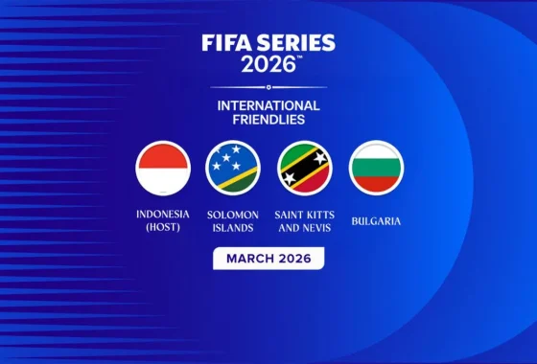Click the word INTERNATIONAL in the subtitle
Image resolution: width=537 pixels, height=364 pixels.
click(x=268, y=105)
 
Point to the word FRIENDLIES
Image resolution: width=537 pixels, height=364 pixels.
click(x=268, y=121)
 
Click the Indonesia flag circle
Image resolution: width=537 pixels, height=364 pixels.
click(x=163, y=168)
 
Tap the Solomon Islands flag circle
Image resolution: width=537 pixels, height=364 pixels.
click(x=233, y=168)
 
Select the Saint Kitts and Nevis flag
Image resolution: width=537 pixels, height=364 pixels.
click(x=305, y=168)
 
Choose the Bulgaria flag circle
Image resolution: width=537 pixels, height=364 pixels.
click(x=376, y=168)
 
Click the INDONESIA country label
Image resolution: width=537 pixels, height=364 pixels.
click(x=163, y=215)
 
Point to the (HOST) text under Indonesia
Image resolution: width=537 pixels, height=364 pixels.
click(x=163, y=228)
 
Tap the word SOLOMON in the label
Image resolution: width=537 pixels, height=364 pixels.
click(x=233, y=215)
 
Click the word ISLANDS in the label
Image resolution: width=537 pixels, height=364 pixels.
click(x=233, y=228)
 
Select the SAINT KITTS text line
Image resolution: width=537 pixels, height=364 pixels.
click(x=305, y=215)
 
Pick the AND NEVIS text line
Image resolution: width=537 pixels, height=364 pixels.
click(x=305, y=228)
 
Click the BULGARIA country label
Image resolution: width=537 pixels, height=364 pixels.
click(x=376, y=221)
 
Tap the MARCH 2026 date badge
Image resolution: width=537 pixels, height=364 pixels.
click(x=268, y=259)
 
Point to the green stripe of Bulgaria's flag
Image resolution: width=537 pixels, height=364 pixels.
click(x=376, y=168)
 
